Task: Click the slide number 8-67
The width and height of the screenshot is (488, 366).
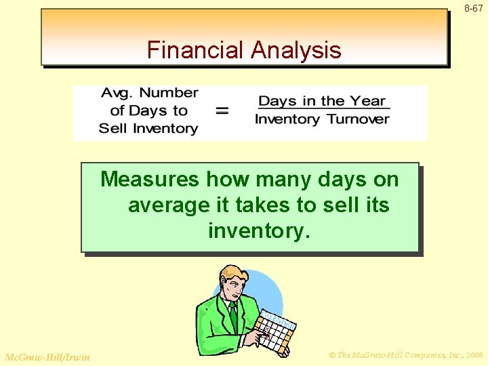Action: (474, 9)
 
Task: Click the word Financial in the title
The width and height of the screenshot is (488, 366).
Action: (195, 50)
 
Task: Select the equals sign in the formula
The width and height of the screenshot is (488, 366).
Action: (222, 110)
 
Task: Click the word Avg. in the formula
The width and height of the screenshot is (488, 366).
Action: (119, 93)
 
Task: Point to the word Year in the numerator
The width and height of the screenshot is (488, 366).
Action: (368, 101)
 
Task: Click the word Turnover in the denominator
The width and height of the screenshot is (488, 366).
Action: (358, 119)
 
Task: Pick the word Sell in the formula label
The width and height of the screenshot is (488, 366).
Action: (112, 128)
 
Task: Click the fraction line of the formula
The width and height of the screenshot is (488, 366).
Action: (322, 110)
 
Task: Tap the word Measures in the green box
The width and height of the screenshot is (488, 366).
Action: (150, 180)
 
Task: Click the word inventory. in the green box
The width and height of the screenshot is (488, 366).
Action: (259, 230)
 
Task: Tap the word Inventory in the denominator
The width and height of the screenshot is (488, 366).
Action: (287, 119)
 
